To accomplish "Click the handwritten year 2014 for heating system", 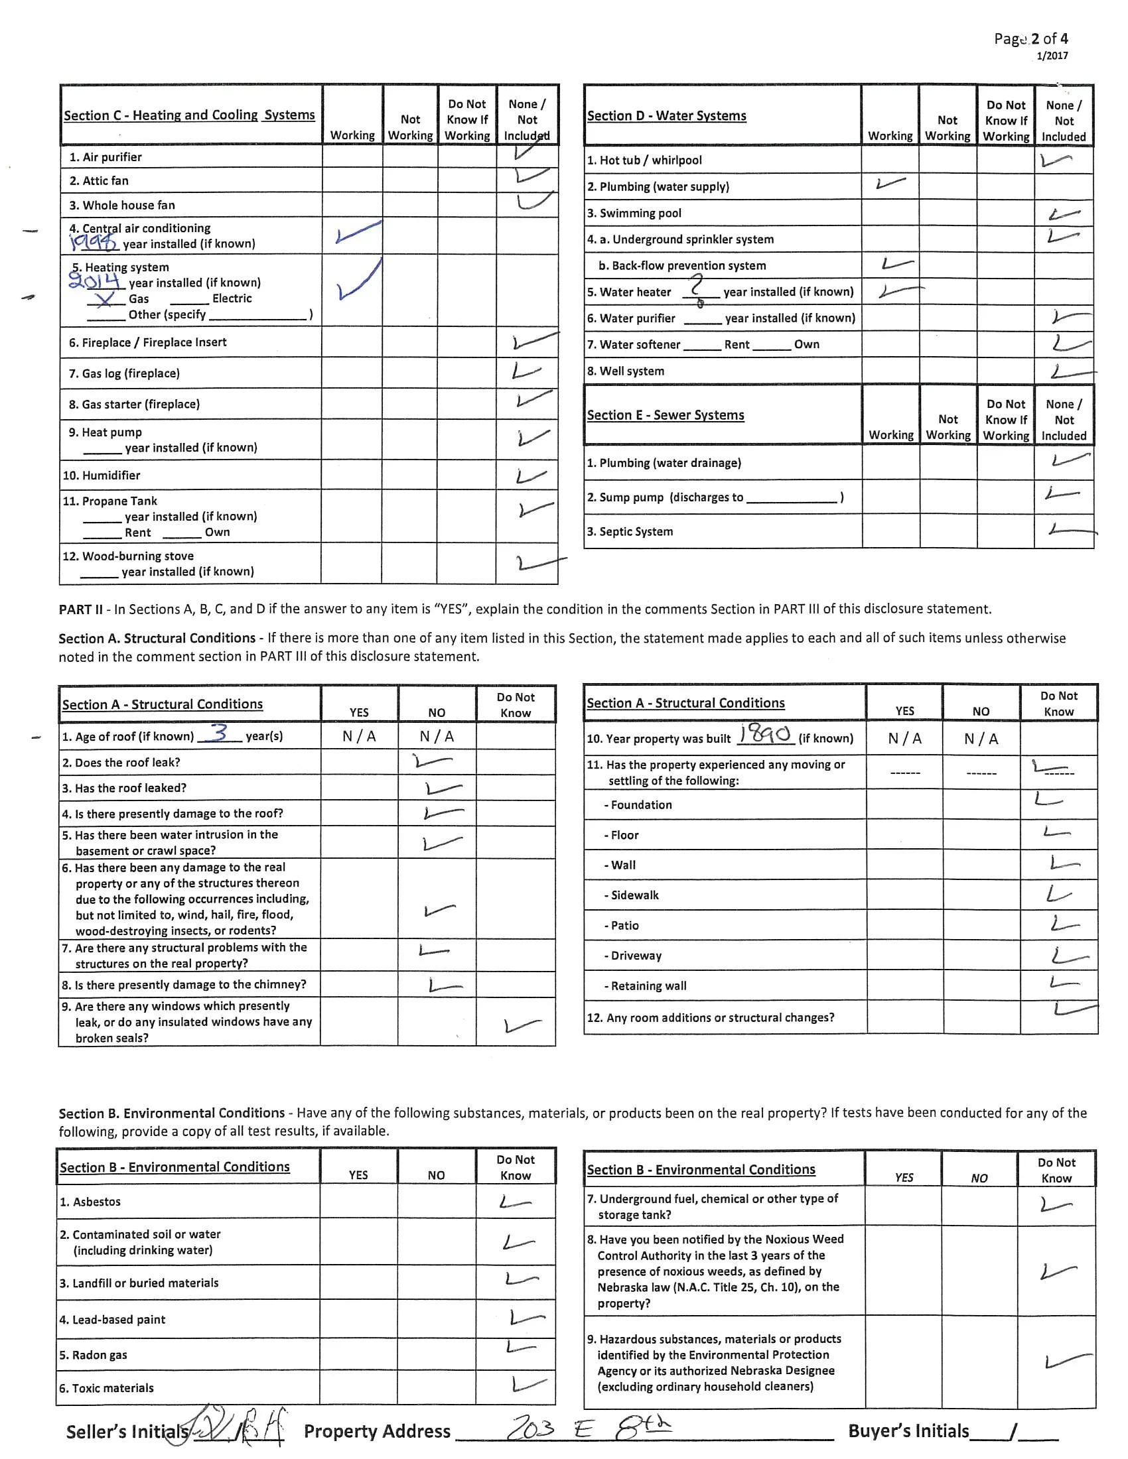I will (94, 281).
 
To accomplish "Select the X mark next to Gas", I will (104, 299).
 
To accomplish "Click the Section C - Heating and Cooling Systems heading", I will (189, 115).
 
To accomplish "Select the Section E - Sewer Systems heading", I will (665, 415).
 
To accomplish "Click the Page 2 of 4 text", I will (1030, 38).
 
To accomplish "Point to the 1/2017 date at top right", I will (1052, 56).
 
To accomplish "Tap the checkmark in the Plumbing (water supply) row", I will (890, 182).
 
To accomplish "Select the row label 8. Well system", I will (626, 371).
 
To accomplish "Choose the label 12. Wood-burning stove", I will (127, 556).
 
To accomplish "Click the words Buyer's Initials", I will (908, 1431).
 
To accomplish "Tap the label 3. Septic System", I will (630, 531).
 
